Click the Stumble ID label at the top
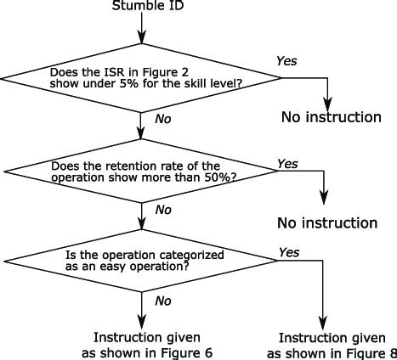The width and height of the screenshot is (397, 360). (143, 7)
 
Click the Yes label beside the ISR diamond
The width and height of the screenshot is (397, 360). (288, 61)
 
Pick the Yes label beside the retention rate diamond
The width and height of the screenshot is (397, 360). (287, 163)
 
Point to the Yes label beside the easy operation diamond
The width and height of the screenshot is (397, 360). (289, 253)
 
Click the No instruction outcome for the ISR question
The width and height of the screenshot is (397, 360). (331, 116)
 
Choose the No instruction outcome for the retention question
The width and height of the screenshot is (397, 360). (326, 223)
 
